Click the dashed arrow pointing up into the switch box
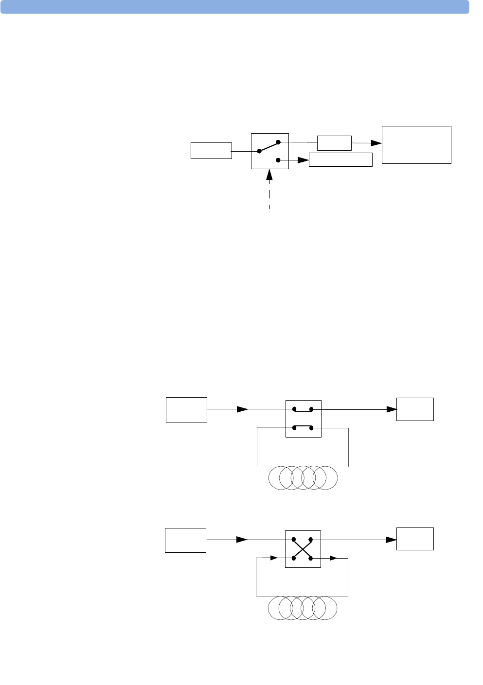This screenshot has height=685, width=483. (x=269, y=190)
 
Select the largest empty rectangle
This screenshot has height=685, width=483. (x=416, y=145)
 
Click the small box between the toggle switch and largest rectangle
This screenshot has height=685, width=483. (x=334, y=143)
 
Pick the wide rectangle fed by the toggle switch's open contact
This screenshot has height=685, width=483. (x=340, y=160)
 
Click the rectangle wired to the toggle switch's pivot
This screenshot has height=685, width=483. (x=211, y=151)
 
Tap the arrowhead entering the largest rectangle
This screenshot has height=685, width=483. (x=376, y=143)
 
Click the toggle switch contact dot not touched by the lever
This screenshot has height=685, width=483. (x=278, y=160)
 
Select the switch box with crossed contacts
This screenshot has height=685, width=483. (x=303, y=549)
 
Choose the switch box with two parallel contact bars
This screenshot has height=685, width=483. (x=303, y=419)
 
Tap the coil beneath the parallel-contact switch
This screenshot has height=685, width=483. (x=303, y=478)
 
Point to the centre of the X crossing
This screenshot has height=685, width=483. (x=303, y=549)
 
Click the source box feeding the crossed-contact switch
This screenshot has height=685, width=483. (x=185, y=540)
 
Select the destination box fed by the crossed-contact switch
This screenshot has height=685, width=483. (x=415, y=539)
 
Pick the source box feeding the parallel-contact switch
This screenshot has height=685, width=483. (x=186, y=410)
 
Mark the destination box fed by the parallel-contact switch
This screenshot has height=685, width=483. (x=415, y=409)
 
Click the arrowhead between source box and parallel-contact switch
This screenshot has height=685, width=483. (x=242, y=409)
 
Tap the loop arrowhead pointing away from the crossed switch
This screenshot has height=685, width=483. (x=333, y=558)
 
